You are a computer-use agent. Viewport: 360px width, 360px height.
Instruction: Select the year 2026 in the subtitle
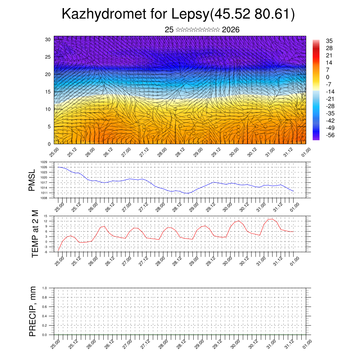(x=231, y=30)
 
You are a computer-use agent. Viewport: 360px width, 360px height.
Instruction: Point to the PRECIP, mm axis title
(x=33, y=311)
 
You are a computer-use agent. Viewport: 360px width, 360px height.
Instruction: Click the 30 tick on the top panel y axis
(x=48, y=39)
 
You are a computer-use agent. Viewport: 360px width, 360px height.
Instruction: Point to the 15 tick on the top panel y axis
(x=48, y=92)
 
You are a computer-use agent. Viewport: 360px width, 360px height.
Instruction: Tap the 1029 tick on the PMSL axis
(x=44, y=162)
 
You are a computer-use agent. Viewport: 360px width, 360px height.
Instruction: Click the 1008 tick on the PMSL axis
(x=44, y=198)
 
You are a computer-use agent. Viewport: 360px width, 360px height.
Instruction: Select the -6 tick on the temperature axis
(x=46, y=252)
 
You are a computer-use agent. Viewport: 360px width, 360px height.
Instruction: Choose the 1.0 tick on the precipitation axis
(x=45, y=288)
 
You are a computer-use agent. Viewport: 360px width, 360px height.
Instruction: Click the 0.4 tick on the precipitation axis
(x=45, y=316)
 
